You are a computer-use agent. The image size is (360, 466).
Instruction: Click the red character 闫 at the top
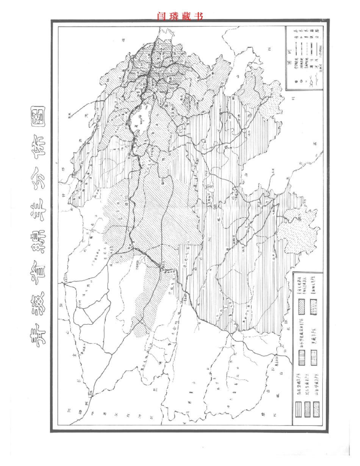161,16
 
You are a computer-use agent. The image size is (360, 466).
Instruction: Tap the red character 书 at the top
198,16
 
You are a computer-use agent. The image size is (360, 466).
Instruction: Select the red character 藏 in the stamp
186,16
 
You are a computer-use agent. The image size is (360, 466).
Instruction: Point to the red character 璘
174,16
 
